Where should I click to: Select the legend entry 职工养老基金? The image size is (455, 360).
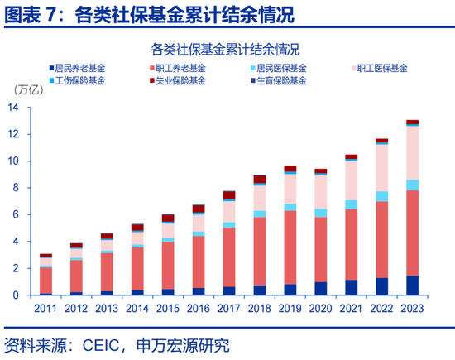(x=177, y=68)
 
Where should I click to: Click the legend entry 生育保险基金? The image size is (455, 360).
(x=280, y=81)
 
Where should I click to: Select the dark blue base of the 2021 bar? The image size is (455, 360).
(x=351, y=287)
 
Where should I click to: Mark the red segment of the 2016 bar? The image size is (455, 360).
(x=199, y=262)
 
